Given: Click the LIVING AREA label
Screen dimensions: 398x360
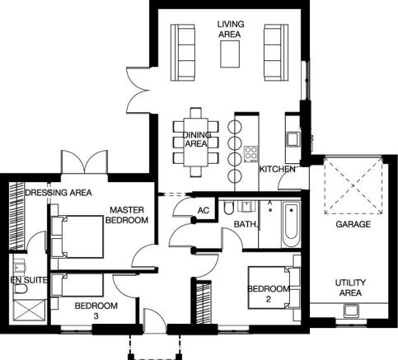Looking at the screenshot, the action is point(231,29).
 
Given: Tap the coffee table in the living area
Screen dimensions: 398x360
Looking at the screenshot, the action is point(230,54).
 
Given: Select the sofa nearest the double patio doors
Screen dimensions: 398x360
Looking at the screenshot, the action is point(183,53).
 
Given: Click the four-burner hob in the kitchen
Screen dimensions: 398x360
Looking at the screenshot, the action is point(251,154).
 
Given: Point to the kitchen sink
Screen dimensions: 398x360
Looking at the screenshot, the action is point(293,138).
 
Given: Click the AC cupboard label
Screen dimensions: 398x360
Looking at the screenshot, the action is point(204,210).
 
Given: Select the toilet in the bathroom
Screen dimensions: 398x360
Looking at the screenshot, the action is point(228,208).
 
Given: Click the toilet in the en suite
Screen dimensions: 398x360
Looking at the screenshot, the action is point(20,289).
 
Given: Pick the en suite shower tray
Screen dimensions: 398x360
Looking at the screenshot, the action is point(29,311).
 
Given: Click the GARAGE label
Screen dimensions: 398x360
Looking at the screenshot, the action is point(353,224).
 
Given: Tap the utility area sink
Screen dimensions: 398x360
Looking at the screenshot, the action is point(351,310).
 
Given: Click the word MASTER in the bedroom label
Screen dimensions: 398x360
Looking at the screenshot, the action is point(127,210).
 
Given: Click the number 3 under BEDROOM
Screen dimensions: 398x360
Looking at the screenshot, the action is point(96,316).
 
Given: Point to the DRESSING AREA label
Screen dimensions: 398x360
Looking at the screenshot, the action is point(59,193).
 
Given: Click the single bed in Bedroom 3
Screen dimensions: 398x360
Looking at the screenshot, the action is point(77,285).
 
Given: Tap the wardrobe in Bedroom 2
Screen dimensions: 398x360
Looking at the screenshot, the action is point(204,302).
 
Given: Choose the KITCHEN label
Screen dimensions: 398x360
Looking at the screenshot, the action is point(278,169).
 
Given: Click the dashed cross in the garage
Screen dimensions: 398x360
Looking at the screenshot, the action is point(354,185).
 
